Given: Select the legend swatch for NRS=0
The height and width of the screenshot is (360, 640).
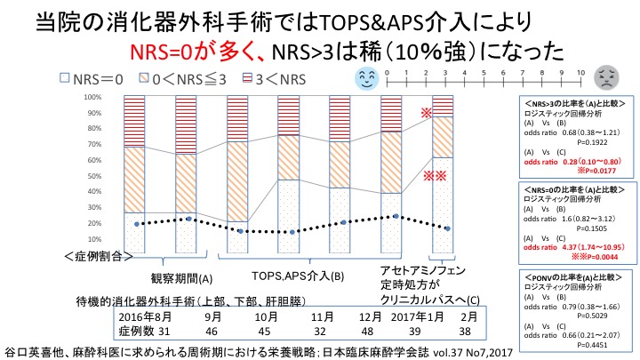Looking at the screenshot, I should point(64,78).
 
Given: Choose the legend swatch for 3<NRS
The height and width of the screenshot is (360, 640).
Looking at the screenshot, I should point(234,78).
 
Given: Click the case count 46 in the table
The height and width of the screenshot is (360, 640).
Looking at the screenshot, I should point(212,331).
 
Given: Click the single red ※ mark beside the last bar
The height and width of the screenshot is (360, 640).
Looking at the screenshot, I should point(427,114).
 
